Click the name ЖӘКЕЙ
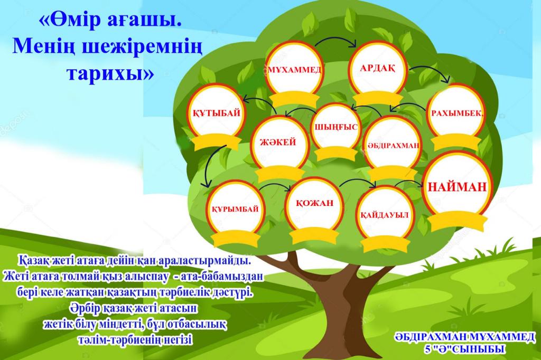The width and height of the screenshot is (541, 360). [x=278, y=141]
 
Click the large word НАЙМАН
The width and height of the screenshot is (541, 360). [x=457, y=187]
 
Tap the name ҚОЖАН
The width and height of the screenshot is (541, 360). [x=315, y=203]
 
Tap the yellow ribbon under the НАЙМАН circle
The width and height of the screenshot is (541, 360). [x=457, y=222]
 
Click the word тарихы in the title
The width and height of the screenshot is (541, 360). [x=110, y=72]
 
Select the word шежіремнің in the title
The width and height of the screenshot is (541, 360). [x=142, y=46]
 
